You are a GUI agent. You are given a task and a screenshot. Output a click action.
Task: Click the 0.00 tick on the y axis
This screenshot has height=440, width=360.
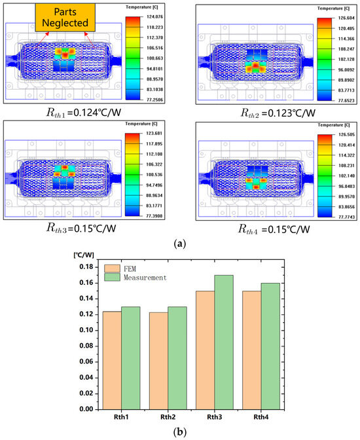pos(85,409)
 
